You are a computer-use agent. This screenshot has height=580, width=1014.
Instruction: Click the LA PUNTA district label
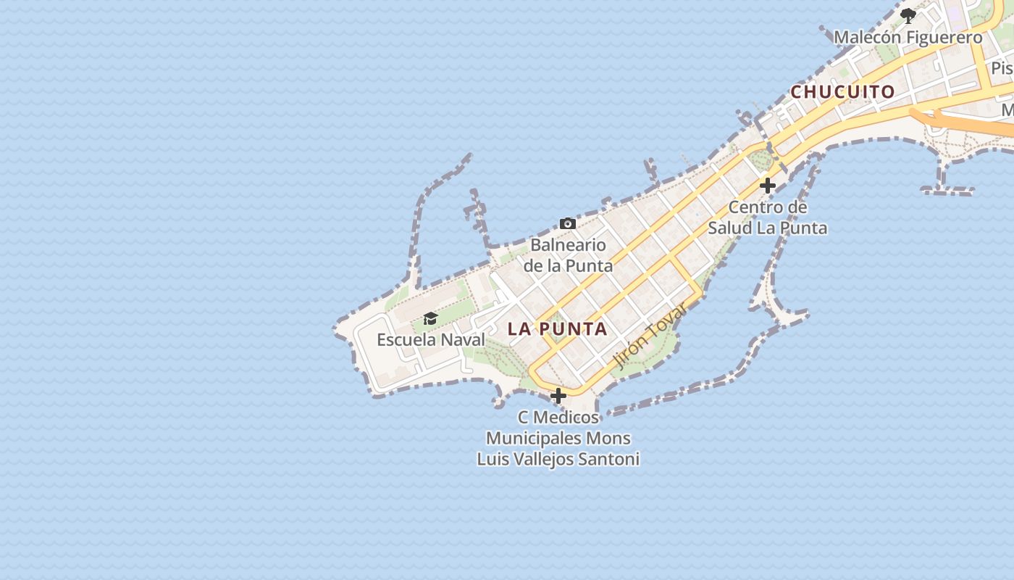(x=557, y=329)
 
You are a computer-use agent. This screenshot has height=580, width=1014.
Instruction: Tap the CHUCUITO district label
(x=842, y=92)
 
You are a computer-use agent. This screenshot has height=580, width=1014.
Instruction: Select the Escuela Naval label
(x=431, y=339)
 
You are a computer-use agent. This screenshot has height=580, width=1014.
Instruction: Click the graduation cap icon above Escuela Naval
(x=431, y=319)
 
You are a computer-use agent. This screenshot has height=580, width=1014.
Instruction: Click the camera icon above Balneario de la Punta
(x=568, y=223)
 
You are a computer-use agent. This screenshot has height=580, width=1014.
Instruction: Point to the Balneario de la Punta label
(x=568, y=254)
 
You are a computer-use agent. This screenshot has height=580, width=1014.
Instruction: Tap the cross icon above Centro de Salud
(x=768, y=186)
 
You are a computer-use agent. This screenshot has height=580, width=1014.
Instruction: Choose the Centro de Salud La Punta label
(x=768, y=217)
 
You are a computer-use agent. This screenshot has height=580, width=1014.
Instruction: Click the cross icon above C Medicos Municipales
(x=558, y=396)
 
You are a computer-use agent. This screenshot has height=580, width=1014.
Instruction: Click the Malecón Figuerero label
(x=908, y=38)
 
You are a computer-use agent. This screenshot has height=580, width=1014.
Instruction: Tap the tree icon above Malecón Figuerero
(x=908, y=15)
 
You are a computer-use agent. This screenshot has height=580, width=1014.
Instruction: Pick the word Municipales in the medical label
(x=534, y=438)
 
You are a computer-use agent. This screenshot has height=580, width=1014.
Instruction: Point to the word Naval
(x=463, y=339)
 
